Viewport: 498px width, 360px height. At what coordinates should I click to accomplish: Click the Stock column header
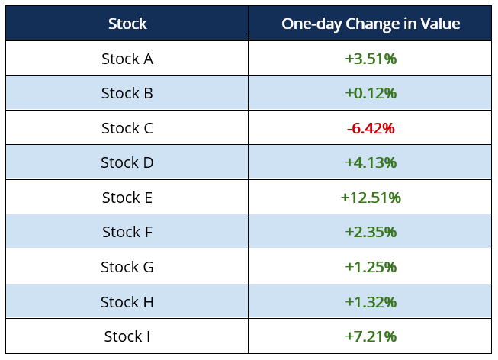pyautogui.click(x=127, y=24)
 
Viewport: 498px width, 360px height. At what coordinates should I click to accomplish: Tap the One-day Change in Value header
pyautogui.click(x=371, y=24)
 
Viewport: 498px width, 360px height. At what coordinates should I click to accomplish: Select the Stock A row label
pyautogui.click(x=127, y=59)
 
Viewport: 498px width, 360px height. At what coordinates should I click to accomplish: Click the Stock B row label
pyautogui.click(x=127, y=94)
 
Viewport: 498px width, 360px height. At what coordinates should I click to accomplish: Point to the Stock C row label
pyautogui.click(x=127, y=128)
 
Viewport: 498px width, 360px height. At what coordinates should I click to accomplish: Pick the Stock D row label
pyautogui.click(x=127, y=162)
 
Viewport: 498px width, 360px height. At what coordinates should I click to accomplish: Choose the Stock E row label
pyautogui.click(x=127, y=198)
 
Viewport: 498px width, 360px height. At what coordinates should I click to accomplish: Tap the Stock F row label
pyautogui.click(x=127, y=232)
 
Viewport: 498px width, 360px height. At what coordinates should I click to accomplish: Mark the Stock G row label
pyautogui.click(x=127, y=267)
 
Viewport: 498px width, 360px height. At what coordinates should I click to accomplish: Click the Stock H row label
pyautogui.click(x=127, y=302)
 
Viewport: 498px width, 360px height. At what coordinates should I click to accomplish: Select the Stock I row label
pyautogui.click(x=127, y=336)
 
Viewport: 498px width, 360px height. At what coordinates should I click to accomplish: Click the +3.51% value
pyautogui.click(x=371, y=59)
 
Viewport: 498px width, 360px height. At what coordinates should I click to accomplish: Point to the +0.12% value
pyautogui.click(x=371, y=94)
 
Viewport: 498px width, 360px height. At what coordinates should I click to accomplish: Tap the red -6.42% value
pyautogui.click(x=371, y=128)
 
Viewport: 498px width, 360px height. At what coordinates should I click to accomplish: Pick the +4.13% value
pyautogui.click(x=371, y=162)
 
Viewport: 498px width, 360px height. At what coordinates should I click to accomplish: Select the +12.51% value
pyautogui.click(x=371, y=198)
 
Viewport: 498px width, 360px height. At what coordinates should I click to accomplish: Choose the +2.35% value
pyautogui.click(x=371, y=232)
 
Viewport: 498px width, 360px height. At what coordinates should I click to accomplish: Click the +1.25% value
pyautogui.click(x=371, y=267)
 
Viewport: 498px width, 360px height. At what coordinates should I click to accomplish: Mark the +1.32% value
pyautogui.click(x=371, y=302)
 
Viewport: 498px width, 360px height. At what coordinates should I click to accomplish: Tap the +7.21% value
pyautogui.click(x=371, y=336)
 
